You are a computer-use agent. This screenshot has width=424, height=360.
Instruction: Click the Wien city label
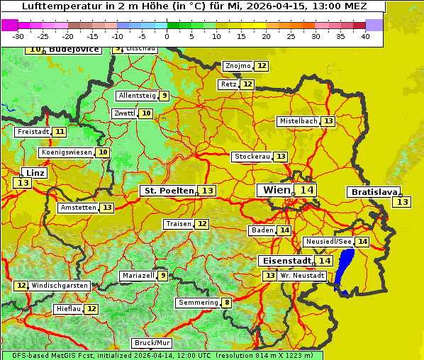click(x=276, y=190)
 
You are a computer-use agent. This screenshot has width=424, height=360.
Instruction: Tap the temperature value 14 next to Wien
click(x=306, y=190)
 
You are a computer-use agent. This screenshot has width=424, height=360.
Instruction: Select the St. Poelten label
click(x=168, y=191)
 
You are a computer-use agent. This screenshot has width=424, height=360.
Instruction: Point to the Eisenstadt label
click(x=284, y=261)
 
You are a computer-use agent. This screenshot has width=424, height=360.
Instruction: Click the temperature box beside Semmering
click(x=227, y=303)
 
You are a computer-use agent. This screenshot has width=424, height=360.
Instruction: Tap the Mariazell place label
click(x=138, y=276)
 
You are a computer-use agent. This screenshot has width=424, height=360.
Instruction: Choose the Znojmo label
click(x=238, y=66)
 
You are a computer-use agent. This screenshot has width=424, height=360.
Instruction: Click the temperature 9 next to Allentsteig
click(x=164, y=96)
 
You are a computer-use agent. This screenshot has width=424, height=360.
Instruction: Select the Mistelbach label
click(x=298, y=121)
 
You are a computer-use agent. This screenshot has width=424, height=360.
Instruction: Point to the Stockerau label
click(x=252, y=157)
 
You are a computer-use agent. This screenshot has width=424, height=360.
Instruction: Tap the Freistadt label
click(x=33, y=132)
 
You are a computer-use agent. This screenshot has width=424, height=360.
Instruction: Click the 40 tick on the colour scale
click(x=365, y=36)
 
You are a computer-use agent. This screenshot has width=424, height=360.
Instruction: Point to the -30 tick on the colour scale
click(x=18, y=36)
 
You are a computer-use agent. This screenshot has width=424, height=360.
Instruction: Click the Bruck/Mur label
click(x=152, y=343)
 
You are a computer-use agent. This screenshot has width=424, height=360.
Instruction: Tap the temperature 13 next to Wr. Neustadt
click(x=269, y=276)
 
